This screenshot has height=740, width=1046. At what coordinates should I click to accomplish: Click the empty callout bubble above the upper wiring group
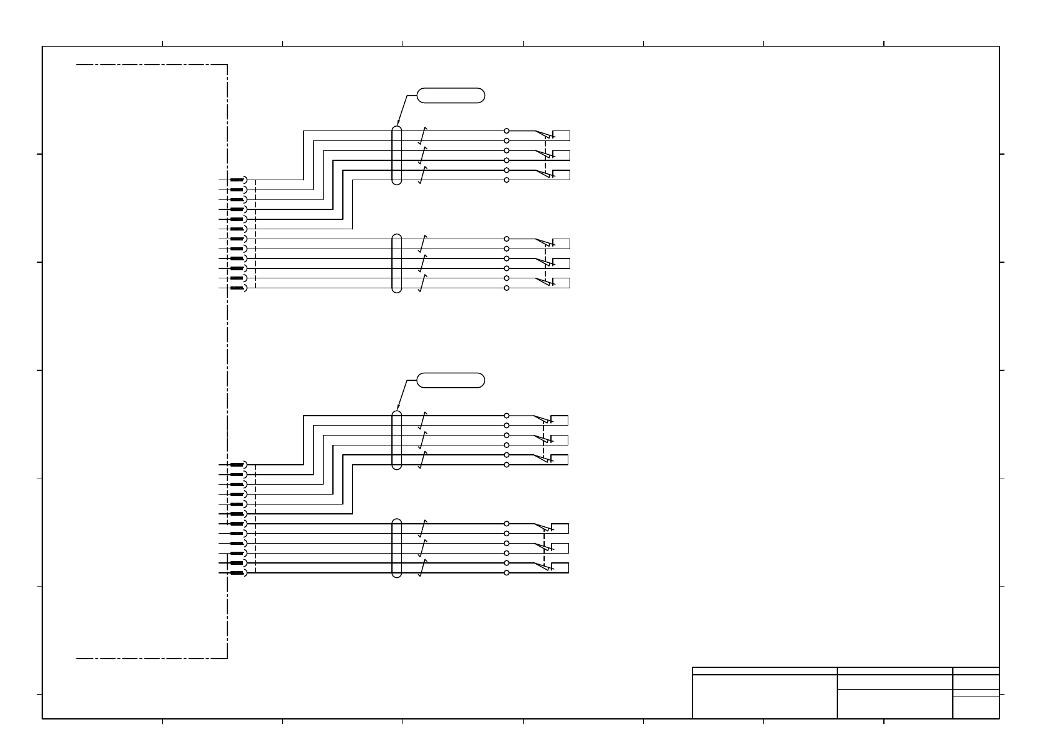click(x=450, y=96)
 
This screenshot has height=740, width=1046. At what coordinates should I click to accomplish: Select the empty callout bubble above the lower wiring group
click(x=450, y=380)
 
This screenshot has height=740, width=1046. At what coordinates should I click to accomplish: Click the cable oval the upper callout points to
click(x=397, y=155)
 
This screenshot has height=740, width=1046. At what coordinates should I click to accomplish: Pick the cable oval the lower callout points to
click(x=397, y=440)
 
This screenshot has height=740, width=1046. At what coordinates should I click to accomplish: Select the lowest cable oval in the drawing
click(x=397, y=548)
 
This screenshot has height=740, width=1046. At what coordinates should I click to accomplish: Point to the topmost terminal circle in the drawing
click(x=507, y=131)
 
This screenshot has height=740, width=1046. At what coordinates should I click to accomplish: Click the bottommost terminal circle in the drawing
click(x=507, y=572)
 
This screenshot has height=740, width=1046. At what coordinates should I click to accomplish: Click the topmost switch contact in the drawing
click(x=544, y=135)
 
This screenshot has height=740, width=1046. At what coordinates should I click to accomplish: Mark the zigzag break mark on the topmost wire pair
click(x=422, y=135)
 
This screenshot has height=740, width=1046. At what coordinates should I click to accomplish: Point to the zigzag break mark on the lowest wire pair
click(x=422, y=568)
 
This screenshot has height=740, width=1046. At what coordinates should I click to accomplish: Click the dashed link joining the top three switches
click(x=545, y=155)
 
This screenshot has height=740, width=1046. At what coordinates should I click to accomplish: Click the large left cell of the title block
click(x=765, y=697)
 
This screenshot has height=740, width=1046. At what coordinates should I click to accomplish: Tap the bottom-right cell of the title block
click(x=976, y=708)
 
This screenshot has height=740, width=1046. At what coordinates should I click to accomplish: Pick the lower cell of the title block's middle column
click(x=894, y=704)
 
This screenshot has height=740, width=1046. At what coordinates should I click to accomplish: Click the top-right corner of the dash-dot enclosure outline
click(x=227, y=65)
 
